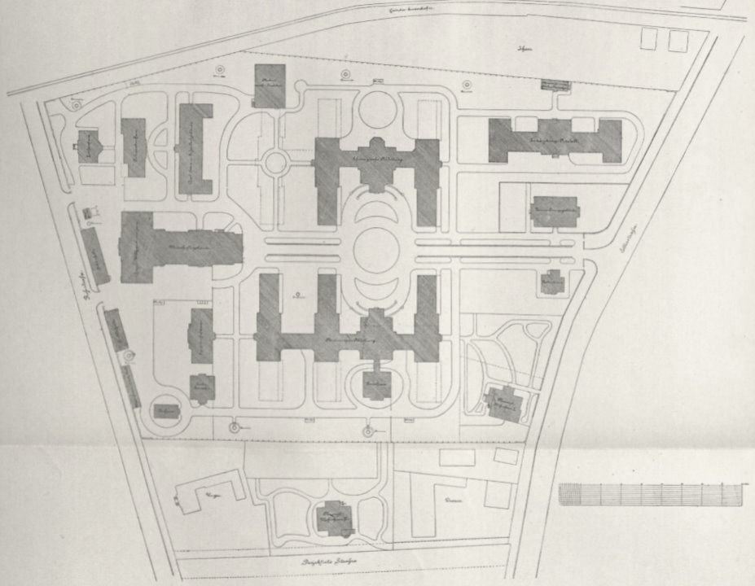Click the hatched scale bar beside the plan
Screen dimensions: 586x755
click(x=652, y=494)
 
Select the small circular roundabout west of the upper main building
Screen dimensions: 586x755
click(x=275, y=162)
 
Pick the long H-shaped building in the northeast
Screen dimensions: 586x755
click(x=555, y=140)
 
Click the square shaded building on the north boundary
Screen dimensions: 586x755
click(x=270, y=86)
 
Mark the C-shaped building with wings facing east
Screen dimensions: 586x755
click(x=194, y=148)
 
